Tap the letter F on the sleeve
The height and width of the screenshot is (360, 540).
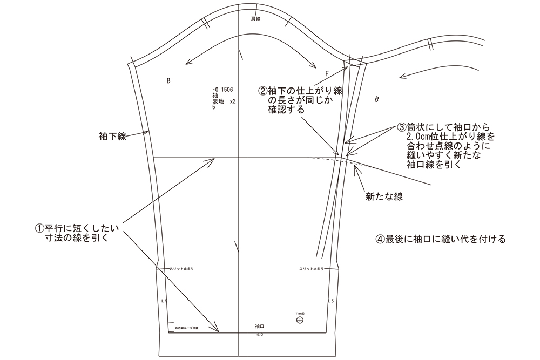coord(327,73)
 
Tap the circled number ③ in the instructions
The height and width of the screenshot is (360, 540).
coord(401,128)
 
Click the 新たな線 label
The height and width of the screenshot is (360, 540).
coord(384,197)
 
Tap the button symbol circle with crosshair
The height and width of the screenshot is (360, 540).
coord(300,320)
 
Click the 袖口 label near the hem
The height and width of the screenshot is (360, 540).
coord(260,327)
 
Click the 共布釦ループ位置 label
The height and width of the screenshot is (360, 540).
coord(187,327)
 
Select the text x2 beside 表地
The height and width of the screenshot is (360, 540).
coord(233,101)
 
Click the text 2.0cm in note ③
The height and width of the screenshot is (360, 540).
coord(420,137)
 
